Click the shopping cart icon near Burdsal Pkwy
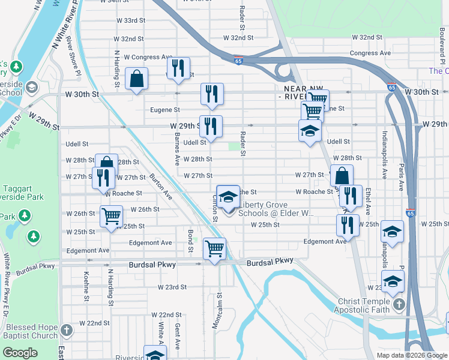(x=214, y=247)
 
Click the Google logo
(x=20, y=353)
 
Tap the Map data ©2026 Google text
(x=411, y=355)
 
